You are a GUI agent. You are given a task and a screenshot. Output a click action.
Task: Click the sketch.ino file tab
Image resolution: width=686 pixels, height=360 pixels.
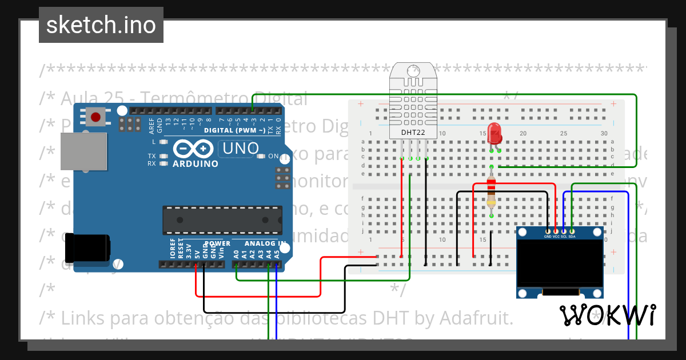101,25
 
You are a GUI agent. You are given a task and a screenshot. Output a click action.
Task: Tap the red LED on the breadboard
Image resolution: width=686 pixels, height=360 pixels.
494,134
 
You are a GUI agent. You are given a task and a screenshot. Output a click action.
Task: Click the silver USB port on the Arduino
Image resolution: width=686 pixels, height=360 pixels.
83,151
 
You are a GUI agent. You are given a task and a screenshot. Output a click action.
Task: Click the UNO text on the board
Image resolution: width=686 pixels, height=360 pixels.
241,149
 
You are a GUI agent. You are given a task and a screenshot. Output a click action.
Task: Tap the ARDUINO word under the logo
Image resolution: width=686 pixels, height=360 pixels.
196,164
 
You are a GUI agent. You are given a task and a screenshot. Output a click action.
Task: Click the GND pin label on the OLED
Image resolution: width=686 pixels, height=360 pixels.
548,236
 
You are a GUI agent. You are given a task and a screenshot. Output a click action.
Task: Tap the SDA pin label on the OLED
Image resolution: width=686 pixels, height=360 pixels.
572,236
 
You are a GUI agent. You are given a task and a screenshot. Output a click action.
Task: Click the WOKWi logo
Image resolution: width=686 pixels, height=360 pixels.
607,315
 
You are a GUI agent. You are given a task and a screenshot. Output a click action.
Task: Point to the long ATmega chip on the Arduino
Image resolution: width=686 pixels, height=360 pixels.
222,220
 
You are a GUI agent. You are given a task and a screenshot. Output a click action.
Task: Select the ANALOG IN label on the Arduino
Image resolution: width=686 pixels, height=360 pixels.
265,243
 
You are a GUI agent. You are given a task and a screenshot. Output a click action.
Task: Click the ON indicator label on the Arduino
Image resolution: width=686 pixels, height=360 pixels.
273,156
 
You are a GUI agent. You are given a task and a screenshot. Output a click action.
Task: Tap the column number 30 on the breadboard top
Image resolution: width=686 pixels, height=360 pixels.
604,134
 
